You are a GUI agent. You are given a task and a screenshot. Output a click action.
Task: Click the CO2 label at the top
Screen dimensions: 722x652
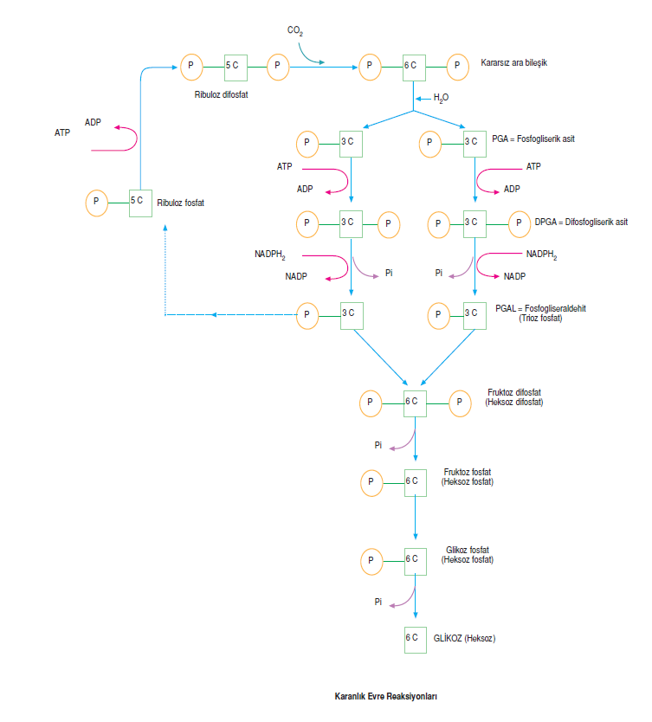coord(295,31)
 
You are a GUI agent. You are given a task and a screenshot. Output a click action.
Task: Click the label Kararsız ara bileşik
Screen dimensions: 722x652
coord(514,63)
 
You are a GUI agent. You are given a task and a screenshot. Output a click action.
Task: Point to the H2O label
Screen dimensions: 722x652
coord(442,99)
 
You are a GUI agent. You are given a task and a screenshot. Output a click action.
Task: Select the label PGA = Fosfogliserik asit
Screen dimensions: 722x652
coord(533,139)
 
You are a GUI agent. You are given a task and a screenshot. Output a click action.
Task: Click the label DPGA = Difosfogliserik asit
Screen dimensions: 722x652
coord(581,222)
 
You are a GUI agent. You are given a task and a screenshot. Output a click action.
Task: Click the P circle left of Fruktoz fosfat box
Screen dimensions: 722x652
coord(371,481)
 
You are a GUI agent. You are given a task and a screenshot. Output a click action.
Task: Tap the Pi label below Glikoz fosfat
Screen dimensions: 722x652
coord(378,601)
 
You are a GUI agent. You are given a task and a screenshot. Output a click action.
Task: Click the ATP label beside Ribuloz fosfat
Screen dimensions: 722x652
coord(62,132)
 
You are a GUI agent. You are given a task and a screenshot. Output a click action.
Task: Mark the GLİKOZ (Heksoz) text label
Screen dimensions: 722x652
coord(464,639)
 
